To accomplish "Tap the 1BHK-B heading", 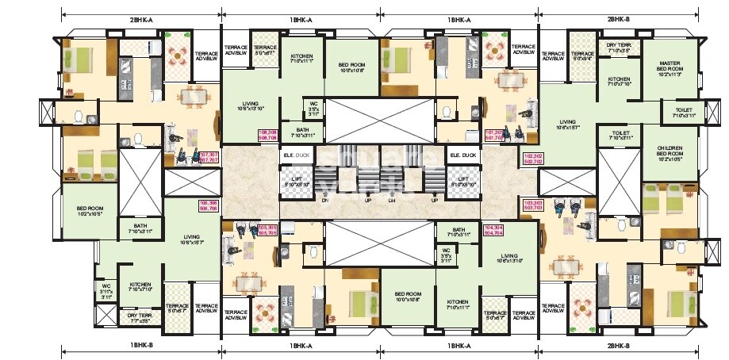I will [x=141, y=347].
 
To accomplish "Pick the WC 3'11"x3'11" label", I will [x=106, y=289].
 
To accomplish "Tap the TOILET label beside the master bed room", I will [x=684, y=113].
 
